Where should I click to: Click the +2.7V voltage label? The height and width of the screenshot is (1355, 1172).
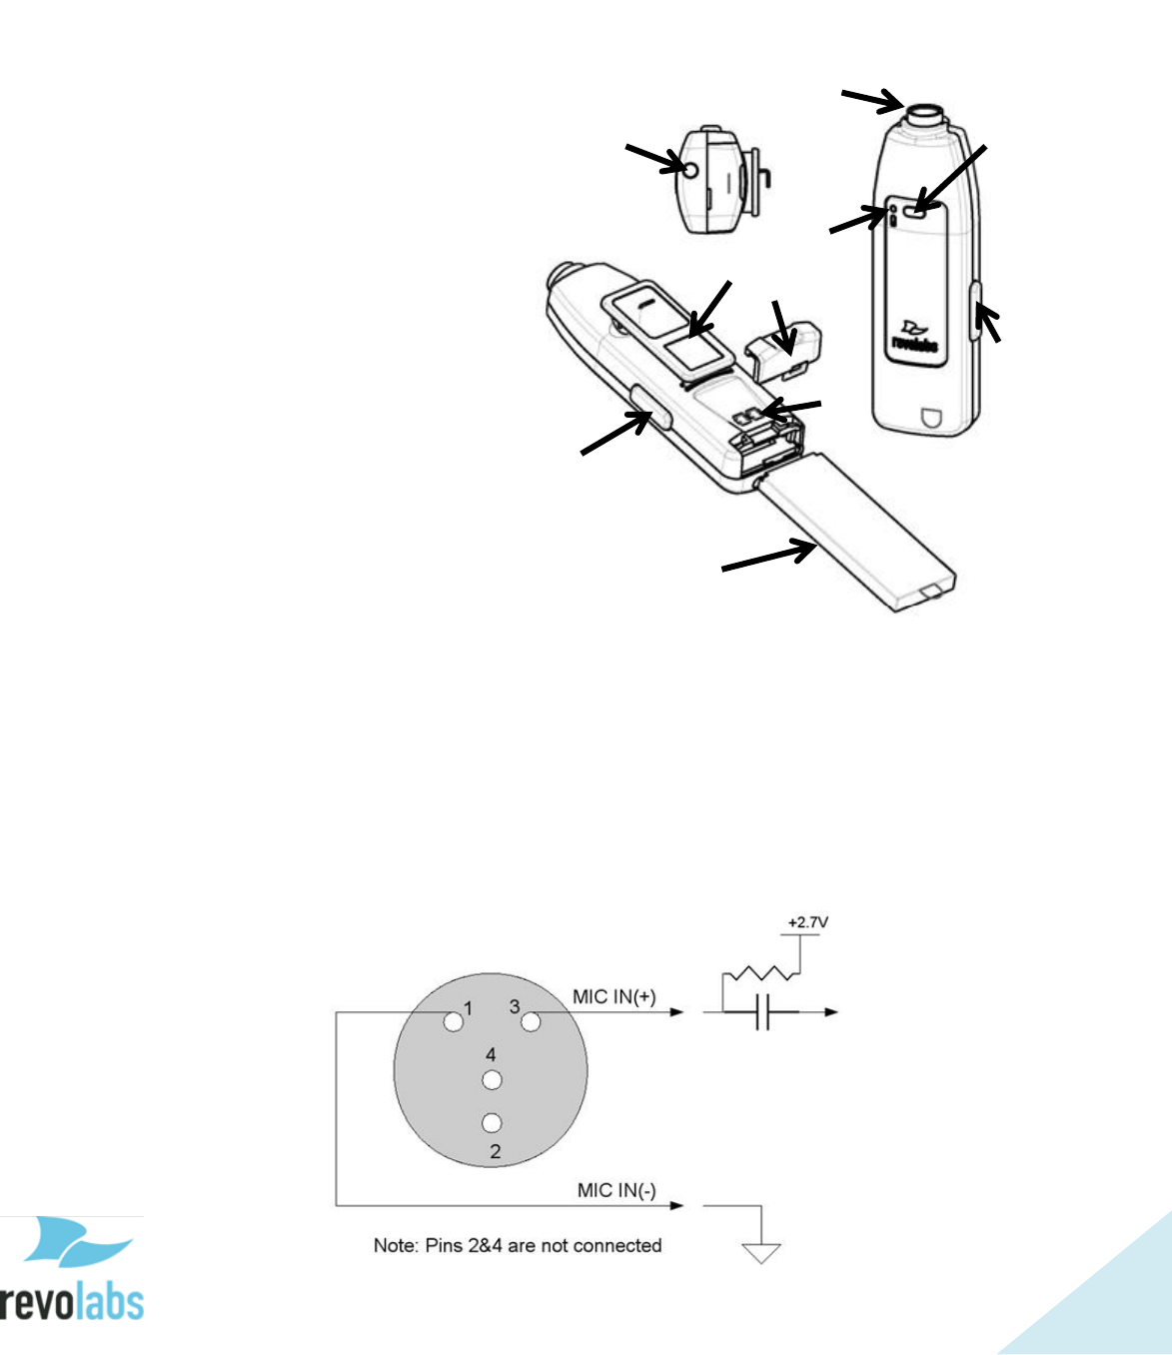[807, 922]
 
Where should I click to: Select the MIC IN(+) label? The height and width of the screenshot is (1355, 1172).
[614, 996]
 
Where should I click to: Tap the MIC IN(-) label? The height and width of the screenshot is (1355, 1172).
[616, 1190]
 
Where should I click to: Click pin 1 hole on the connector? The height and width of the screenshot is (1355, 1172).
[454, 1021]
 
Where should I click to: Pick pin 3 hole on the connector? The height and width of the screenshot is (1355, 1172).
[531, 1021]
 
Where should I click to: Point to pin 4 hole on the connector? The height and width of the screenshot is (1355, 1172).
[492, 1080]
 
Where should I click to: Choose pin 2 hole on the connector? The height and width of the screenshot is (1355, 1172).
[492, 1123]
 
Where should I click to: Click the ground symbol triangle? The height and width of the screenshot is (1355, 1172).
[761, 1252]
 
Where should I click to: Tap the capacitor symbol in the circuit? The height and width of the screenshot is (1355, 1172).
[762, 1012]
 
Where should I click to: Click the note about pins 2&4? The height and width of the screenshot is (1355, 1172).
[518, 1245]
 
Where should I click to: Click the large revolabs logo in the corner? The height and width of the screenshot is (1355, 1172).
[72, 1269]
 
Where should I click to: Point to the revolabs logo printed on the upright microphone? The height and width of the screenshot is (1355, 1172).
[913, 338]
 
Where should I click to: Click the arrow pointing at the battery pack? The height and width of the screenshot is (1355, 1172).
[768, 556]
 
